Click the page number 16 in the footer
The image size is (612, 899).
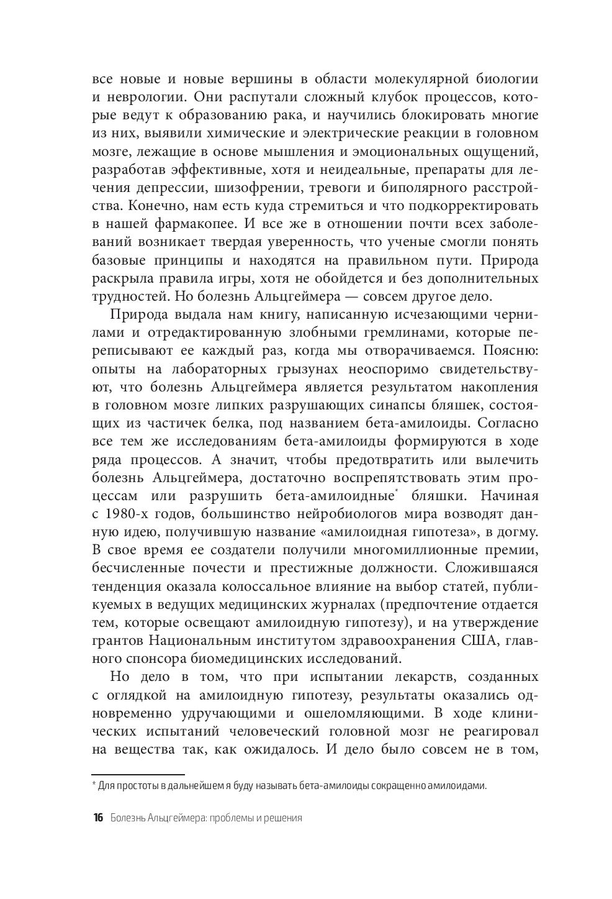(97, 818)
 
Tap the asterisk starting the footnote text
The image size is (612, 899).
(94, 785)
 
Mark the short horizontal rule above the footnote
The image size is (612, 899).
(138, 775)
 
